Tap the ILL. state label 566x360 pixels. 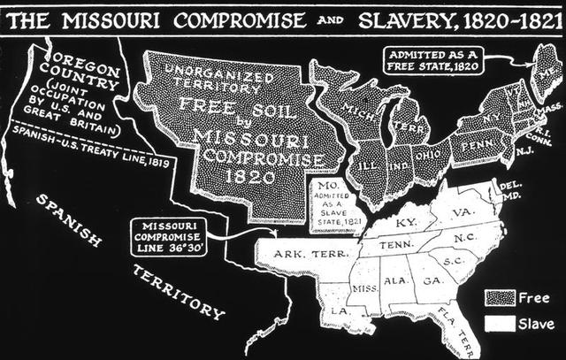tap(364, 166)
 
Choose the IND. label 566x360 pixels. tap(395, 165)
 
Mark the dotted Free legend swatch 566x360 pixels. tap(501, 296)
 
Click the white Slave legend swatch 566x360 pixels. tap(501, 322)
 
